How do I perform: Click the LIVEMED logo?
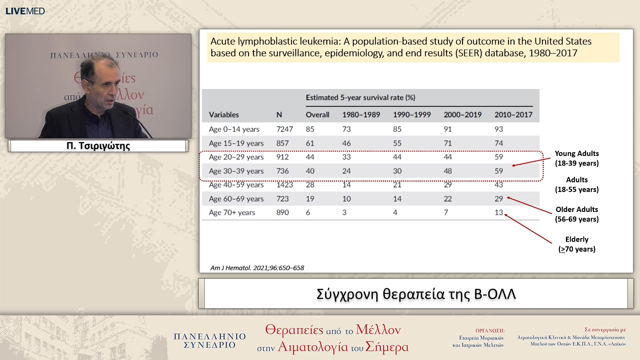pos(25,11)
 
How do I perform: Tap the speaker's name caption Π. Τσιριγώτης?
pos(98,146)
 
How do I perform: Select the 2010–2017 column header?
pos(513,115)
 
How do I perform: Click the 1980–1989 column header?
pos(361,115)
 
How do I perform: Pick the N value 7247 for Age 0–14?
pos(284,129)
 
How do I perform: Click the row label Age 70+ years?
pos(232,212)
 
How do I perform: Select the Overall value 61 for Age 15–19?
pos(310,143)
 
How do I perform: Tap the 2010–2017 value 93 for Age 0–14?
pos(499,129)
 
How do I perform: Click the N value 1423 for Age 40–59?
pos(284,185)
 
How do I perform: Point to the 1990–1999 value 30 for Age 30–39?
pos(397,171)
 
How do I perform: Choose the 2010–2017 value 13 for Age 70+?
pos(499,212)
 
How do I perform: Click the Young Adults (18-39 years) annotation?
pos(577,158)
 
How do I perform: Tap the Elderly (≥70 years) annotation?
pos(577,244)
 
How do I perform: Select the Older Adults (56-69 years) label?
pos(577,214)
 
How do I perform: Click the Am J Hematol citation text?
pos(257,268)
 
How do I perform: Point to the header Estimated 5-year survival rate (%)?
pos(360,97)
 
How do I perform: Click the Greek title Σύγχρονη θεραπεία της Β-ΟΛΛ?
pos(416,294)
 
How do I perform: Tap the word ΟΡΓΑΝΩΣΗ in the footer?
pos(490,330)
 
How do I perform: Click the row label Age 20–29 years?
pos(236,157)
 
